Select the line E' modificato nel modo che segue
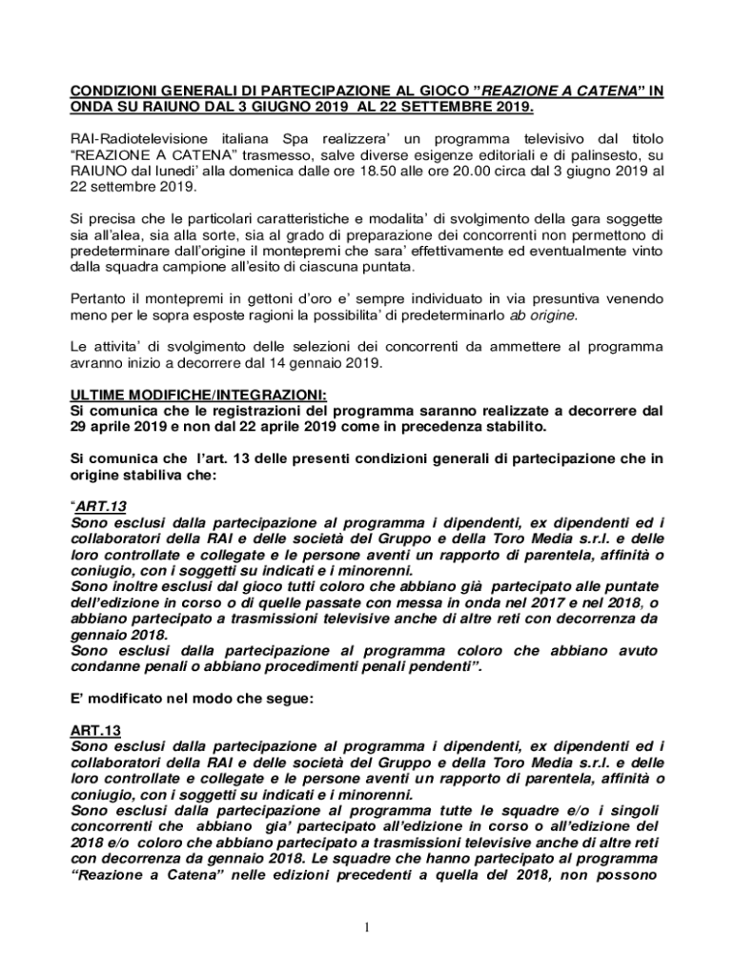[x=193, y=699]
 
